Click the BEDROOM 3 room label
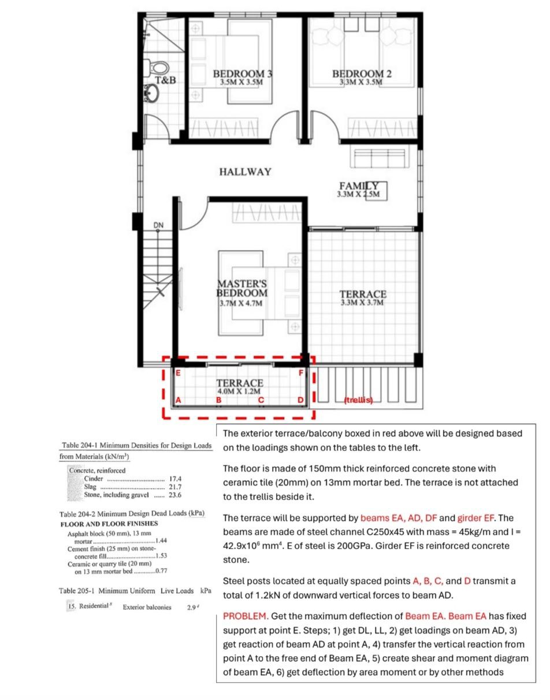[243, 74]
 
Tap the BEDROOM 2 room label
[362, 74]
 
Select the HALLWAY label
[245, 172]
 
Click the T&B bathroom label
[165, 80]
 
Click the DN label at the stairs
[158, 224]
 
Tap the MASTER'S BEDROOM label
[242, 288]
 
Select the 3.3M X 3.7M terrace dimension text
[362, 303]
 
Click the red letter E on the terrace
[178, 373]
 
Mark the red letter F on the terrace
[301, 373]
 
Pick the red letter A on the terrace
[178, 400]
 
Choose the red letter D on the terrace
[300, 400]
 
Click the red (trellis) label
[358, 400]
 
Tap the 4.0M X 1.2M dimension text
[240, 391]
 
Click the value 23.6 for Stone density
[175, 495]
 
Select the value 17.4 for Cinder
[175, 479]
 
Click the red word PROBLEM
[244, 616]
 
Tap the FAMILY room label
[358, 186]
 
